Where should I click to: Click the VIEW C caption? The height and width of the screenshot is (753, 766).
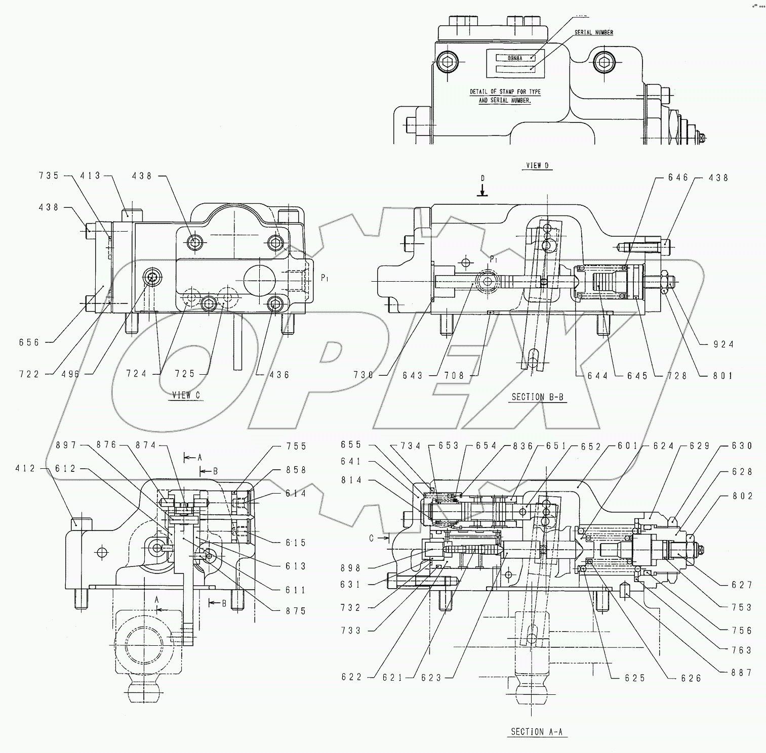pyautogui.click(x=185, y=395)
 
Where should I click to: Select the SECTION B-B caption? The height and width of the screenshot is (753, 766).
pyautogui.click(x=537, y=397)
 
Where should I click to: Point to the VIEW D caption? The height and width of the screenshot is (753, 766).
pyautogui.click(x=537, y=165)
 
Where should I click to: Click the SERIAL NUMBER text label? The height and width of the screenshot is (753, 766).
pyautogui.click(x=593, y=32)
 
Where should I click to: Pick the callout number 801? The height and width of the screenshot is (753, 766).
pyautogui.click(x=723, y=375)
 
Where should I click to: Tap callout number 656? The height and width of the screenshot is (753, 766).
pyautogui.click(x=29, y=342)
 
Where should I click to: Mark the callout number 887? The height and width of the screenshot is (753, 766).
pyautogui.click(x=742, y=673)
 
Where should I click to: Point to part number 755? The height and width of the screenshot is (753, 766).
pyautogui.click(x=296, y=446)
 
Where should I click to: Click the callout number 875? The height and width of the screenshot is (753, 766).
pyautogui.click(x=296, y=611)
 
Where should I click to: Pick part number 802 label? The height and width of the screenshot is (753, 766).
pyautogui.click(x=742, y=496)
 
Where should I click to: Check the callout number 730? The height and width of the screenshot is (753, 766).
pyautogui.click(x=364, y=375)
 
